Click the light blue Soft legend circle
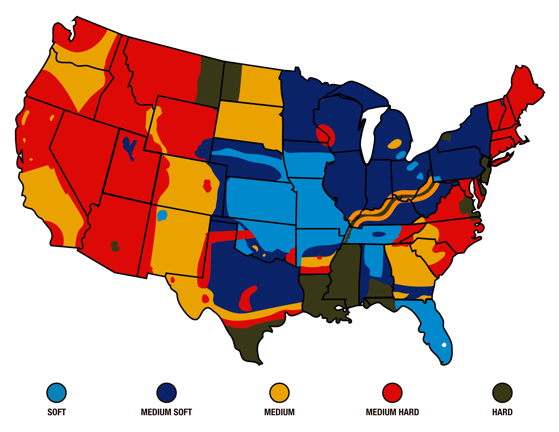pos(57,393)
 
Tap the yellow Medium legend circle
pos(279,393)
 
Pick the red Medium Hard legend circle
pos(392,393)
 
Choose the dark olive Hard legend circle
pos(502,393)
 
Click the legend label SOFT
pos(57,412)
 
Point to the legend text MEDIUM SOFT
pos(166,412)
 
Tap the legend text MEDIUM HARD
pos(392,412)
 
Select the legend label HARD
pos(502,412)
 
